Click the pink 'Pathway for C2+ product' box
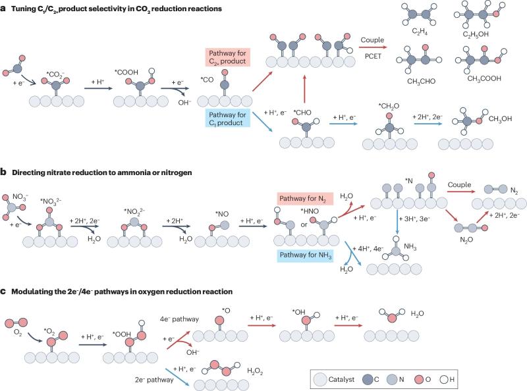click(227, 57)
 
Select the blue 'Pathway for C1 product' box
click(227, 118)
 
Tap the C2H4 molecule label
click(420, 32)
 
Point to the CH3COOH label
click(484, 78)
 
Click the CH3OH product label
click(500, 119)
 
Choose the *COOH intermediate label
click(126, 72)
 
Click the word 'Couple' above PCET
click(372, 40)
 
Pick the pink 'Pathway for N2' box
click(305, 199)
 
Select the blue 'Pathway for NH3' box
click(305, 255)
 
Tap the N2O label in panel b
click(466, 240)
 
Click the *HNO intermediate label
click(310, 211)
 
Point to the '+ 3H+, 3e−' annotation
click(414, 219)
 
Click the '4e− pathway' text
click(179, 319)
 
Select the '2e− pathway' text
click(154, 380)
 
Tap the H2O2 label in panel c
click(255, 371)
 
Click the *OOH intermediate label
click(122, 334)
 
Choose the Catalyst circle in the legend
click(319, 380)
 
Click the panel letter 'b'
click(3, 172)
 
